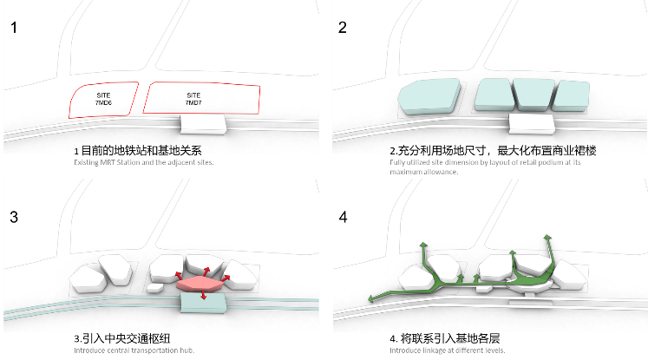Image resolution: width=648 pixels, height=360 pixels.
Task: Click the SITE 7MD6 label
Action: coord(103,99)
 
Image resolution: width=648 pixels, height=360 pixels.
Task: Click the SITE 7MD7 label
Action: coord(193,99)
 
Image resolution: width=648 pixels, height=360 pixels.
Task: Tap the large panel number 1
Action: coord(14,28)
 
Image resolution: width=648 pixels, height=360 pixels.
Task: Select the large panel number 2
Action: coord(342,28)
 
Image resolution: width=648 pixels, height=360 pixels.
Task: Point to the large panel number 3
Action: coord(14,217)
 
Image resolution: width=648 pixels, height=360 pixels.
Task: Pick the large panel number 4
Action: coord(343,217)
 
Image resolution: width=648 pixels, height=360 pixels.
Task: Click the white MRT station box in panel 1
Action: coord(203,124)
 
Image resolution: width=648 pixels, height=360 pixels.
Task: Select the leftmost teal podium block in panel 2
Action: coord(429,96)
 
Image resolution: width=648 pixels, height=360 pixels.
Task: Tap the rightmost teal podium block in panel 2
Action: coord(571,96)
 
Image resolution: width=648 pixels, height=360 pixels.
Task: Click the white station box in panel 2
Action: coord(532,124)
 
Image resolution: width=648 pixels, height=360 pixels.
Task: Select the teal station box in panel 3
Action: coord(203,304)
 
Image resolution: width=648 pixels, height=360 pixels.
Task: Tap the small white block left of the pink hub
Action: coord(154,288)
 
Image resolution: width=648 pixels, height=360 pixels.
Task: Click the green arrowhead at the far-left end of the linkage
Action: coord(371,298)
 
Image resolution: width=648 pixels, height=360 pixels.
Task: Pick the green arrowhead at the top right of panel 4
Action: coord(547,237)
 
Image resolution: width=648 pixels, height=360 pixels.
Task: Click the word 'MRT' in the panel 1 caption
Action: coord(107,162)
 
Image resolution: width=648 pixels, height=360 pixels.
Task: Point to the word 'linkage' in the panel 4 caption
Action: coord(435,350)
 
